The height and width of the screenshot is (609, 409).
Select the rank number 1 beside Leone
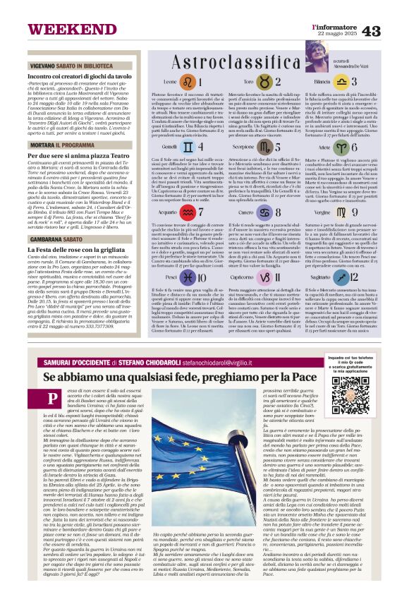[x=187, y=82]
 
